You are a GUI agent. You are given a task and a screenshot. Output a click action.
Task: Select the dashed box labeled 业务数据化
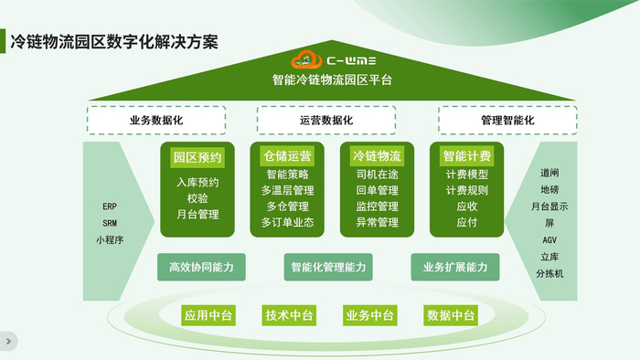[155, 121]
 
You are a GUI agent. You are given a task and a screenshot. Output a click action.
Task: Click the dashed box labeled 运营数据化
[325, 121]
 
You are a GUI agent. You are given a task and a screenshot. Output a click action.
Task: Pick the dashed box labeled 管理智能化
[507, 121]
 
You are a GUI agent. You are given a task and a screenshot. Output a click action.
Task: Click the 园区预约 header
[197, 156]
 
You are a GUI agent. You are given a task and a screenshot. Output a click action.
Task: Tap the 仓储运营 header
[287, 155]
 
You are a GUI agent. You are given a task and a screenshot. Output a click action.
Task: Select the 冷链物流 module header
[377, 155]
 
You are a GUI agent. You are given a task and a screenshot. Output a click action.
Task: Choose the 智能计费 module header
[466, 155]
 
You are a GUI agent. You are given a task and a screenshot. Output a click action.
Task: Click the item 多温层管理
[287, 190]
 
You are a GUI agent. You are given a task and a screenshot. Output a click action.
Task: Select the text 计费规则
[466, 190]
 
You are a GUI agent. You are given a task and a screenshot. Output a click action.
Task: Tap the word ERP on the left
[110, 206]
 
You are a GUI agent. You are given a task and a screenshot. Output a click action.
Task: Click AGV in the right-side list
[549, 239]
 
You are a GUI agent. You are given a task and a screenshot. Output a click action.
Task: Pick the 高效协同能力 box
[201, 267]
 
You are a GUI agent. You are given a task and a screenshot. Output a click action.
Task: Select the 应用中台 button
[208, 315]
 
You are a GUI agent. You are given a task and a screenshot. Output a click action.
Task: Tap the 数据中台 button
[451, 315]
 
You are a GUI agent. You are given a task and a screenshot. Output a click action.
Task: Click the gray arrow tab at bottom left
[8, 341]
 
